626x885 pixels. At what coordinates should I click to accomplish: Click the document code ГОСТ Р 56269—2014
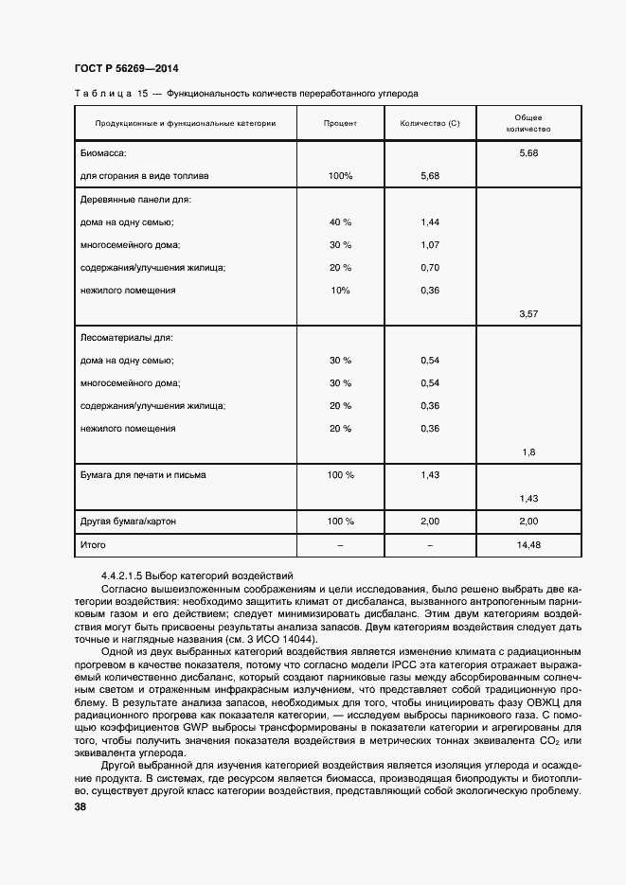point(126,69)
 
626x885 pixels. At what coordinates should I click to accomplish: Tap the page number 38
point(80,807)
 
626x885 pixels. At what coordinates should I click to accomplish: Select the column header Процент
point(339,123)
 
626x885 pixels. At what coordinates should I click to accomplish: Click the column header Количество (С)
point(429,123)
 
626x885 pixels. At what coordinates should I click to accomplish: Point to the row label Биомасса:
point(104,152)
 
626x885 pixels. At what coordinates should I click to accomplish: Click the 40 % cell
point(339,221)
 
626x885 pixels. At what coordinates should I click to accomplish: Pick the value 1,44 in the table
point(429,221)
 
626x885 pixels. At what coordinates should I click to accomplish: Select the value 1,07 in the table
point(429,244)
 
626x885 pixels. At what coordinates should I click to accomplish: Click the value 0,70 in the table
point(429,267)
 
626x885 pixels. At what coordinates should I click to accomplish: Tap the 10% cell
point(339,290)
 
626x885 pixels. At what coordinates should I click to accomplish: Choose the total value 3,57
point(529,312)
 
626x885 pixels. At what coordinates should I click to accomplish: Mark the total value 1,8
point(529,451)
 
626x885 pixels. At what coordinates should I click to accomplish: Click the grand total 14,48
point(529,545)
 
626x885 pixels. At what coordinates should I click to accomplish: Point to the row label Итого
point(93,545)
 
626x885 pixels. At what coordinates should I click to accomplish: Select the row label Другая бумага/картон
point(128,522)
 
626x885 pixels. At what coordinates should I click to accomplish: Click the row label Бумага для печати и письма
point(143,475)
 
